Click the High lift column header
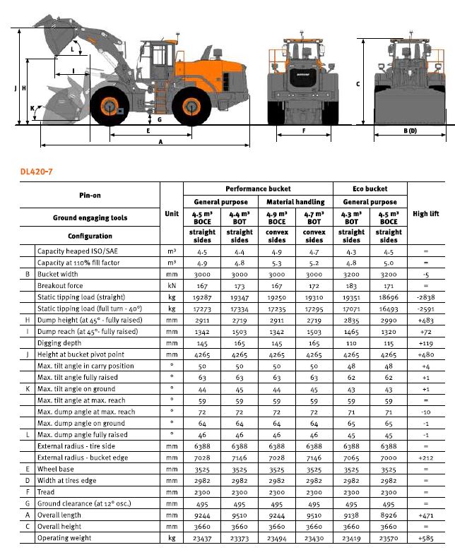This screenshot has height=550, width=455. tap(425, 214)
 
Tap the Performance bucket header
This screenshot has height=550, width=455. tap(258, 189)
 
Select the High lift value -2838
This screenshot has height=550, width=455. tap(425, 298)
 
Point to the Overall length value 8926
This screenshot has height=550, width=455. tap(388, 515)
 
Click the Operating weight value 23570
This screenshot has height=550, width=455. tap(388, 539)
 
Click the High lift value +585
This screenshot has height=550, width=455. tap(425, 539)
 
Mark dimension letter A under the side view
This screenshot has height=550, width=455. tap(160, 141)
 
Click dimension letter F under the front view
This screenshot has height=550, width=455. tap(303, 131)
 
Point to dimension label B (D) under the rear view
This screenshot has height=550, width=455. tap(410, 131)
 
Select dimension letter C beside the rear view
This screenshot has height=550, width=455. tap(358, 84)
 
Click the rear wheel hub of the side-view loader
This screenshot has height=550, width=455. tap(189, 108)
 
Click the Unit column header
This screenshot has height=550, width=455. tap(171, 213)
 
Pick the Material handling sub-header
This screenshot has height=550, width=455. tap(295, 202)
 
